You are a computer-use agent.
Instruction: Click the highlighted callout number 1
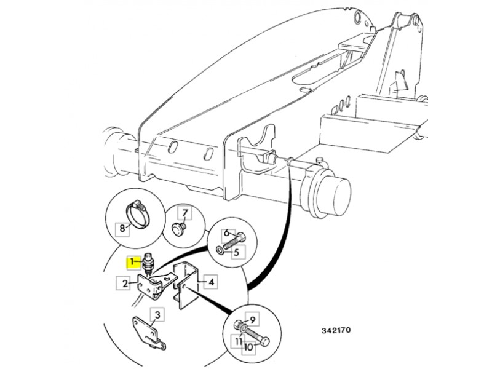(x=131, y=263)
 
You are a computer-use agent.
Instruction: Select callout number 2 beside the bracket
(x=125, y=284)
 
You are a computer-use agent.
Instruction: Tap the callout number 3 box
(x=157, y=315)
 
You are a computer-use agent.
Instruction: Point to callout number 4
(x=210, y=282)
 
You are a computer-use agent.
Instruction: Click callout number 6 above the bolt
(x=226, y=234)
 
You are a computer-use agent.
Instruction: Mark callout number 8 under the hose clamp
(x=122, y=229)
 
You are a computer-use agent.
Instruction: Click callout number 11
(x=238, y=340)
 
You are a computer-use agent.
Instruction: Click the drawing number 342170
(x=335, y=331)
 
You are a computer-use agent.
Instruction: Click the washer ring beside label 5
(x=220, y=251)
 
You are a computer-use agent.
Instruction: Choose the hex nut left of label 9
(x=238, y=325)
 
